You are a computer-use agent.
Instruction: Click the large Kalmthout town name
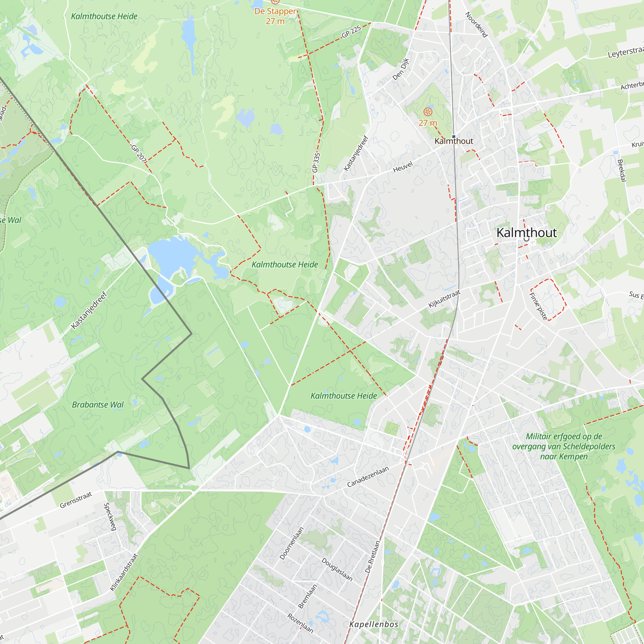coord(526,233)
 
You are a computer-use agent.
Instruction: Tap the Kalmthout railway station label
coord(454,141)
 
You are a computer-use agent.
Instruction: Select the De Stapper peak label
coord(275,12)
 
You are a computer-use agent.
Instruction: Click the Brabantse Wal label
coord(98,405)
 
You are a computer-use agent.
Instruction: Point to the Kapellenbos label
coord(374,624)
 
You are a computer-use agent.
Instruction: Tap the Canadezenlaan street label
coord(368,477)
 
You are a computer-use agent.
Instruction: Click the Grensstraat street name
coord(76,500)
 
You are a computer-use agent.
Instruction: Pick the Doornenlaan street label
coord(292,543)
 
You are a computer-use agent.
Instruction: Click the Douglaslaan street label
coord(337,569)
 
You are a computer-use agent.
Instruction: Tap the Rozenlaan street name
coord(300,623)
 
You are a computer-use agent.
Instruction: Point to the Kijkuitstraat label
coord(444,299)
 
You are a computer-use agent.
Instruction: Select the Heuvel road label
coord(403,167)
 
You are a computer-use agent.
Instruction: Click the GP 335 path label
coord(316,163)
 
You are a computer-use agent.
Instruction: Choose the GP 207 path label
coord(139,154)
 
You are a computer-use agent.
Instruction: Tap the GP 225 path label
coord(351,32)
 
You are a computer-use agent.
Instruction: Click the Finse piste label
coord(538,306)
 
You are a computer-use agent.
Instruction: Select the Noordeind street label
coord(476,25)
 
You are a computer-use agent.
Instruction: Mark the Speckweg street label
coord(110,517)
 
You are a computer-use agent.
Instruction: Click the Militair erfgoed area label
coord(564,446)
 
